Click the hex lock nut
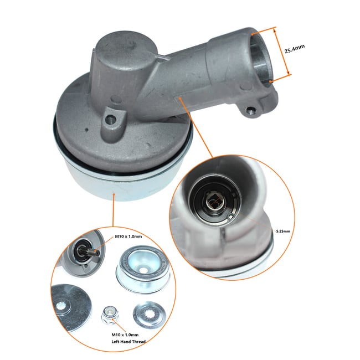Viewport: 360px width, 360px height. point(107,316)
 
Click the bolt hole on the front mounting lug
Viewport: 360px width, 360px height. point(114,118)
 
